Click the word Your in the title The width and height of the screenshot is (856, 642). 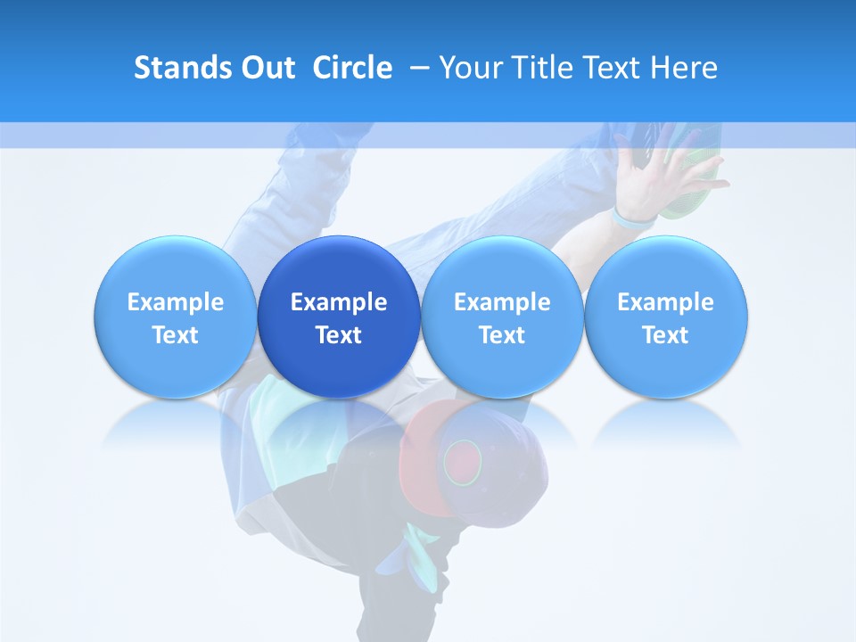471,68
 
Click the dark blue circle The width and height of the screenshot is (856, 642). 339,317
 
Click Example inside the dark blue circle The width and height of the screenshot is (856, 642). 339,302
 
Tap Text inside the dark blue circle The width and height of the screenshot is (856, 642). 339,335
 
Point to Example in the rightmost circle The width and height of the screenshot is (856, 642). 665,302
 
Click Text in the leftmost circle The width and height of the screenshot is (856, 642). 176,335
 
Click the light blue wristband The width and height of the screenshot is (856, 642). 634,217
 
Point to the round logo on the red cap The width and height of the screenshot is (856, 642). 463,459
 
